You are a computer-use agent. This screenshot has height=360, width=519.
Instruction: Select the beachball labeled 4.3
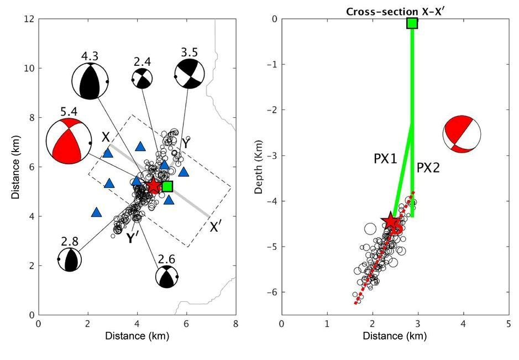pos(90,82)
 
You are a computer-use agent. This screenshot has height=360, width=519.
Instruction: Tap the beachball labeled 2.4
pos(143,79)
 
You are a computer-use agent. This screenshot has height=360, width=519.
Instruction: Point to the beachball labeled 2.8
pos(70,259)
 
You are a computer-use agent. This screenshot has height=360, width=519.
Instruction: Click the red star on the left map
pos(153,186)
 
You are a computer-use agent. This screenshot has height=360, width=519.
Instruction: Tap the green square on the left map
pos(167,186)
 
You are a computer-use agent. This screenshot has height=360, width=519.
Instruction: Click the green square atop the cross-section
pos(412,23)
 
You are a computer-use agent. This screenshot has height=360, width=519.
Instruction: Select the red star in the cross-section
pos(391,222)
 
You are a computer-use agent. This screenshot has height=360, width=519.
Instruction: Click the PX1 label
pos(386,159)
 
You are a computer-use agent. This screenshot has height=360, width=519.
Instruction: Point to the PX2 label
pos(428,167)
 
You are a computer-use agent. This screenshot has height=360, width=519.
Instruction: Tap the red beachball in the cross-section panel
pos(462,133)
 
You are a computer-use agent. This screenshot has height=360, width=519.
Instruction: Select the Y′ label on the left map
pos(132,238)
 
